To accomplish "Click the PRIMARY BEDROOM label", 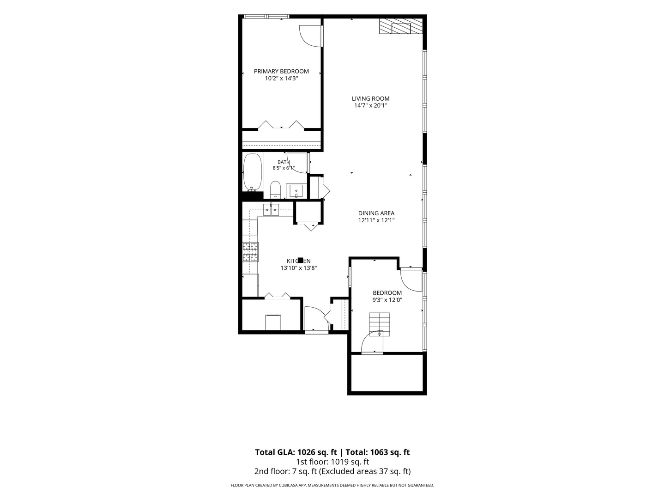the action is tap(281, 71).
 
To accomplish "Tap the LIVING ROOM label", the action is tap(370, 98).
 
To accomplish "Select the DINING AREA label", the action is tap(376, 213).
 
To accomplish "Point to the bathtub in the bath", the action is tap(252, 172).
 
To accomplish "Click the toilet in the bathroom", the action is tap(275, 189).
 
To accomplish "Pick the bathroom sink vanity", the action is tap(296, 191).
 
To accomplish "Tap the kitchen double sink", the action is tap(271, 209).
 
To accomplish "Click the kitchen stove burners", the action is tap(250, 252).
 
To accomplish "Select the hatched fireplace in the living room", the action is tap(400, 26).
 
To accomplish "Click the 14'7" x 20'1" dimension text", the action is tap(370, 105).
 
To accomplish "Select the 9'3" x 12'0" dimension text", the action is tap(387, 300).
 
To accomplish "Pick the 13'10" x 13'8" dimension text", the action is tap(299, 268).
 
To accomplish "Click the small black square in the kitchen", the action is tap(301, 260).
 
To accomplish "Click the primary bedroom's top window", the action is tap(266, 16).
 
